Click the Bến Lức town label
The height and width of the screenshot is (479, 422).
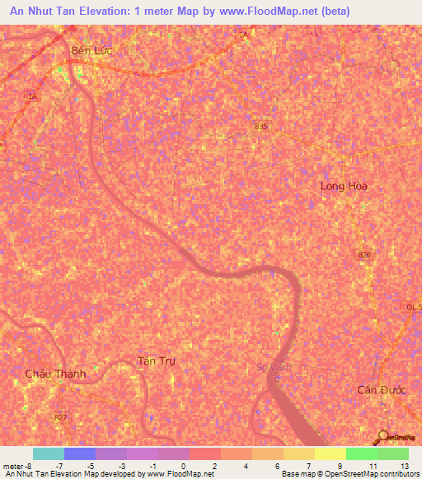point(91,50)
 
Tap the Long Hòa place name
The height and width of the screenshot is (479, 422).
point(344,186)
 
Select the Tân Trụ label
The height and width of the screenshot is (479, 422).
point(157,361)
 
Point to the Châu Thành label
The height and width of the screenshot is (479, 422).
point(55,373)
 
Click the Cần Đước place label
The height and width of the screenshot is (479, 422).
point(382,389)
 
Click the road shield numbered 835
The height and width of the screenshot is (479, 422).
point(261,126)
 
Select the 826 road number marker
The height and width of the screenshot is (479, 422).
point(364,255)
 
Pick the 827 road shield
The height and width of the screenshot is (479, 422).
point(61,418)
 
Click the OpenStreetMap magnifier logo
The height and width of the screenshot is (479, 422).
point(383,436)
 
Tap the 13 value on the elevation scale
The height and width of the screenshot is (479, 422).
point(404,466)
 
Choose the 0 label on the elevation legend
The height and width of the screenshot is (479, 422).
point(183,466)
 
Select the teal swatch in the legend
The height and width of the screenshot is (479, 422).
point(48,453)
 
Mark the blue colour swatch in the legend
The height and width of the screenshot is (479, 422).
point(79,453)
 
